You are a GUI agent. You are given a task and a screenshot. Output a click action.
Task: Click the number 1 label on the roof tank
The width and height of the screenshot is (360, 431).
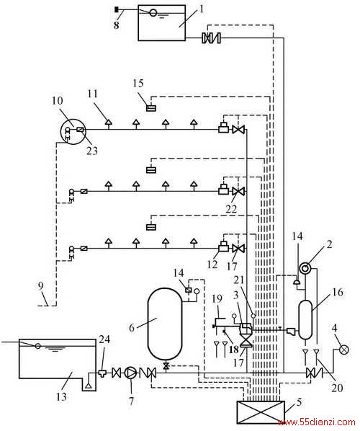point(202,9)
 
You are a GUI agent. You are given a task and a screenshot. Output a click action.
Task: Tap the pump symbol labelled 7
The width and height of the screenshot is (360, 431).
point(131,373)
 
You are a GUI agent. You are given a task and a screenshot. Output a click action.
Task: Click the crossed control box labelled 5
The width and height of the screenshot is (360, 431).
point(261,412)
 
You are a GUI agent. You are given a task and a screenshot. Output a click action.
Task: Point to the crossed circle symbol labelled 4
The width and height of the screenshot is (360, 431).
point(343,350)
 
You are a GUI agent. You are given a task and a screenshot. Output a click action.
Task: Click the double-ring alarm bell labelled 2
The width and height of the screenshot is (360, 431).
point(305,268)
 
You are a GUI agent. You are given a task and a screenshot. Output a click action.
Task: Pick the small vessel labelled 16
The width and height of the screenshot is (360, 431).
point(305,320)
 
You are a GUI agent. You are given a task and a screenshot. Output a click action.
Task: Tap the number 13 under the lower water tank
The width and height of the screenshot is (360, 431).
point(61,396)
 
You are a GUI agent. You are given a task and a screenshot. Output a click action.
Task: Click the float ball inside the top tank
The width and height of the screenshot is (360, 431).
point(153,13)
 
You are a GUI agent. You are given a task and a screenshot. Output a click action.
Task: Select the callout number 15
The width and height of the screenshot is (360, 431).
point(138,83)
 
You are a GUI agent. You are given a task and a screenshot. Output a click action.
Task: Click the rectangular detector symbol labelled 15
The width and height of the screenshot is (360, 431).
point(151,109)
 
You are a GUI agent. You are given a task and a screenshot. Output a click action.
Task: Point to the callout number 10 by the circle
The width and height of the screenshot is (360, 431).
point(58,101)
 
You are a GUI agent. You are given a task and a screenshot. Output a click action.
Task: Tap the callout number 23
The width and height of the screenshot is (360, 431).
point(92,151)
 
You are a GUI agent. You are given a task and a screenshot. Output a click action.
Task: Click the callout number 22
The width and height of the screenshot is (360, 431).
point(231,209)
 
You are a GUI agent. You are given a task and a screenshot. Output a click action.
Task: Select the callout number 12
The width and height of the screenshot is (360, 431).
point(212,265)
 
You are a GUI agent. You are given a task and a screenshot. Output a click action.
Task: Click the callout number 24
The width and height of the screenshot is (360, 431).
point(104,339)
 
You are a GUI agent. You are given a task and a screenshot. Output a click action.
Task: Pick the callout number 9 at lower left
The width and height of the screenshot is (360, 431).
point(40,286)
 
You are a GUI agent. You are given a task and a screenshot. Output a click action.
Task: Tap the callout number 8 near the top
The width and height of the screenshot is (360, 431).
point(117,25)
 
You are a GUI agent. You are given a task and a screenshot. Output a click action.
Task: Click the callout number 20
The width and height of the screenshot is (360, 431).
point(338,388)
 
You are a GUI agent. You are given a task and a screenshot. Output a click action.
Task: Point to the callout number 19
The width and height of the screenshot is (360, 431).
point(217,299)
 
